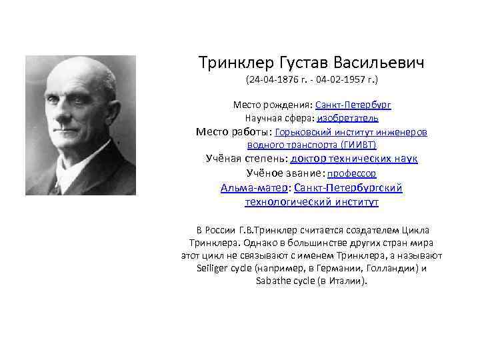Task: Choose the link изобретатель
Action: coord(347,118)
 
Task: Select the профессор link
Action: coord(351,173)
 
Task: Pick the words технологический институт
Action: coord(312,201)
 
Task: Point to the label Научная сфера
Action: coord(277,118)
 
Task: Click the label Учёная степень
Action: coord(245,159)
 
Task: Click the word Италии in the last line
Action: coord(349,281)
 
